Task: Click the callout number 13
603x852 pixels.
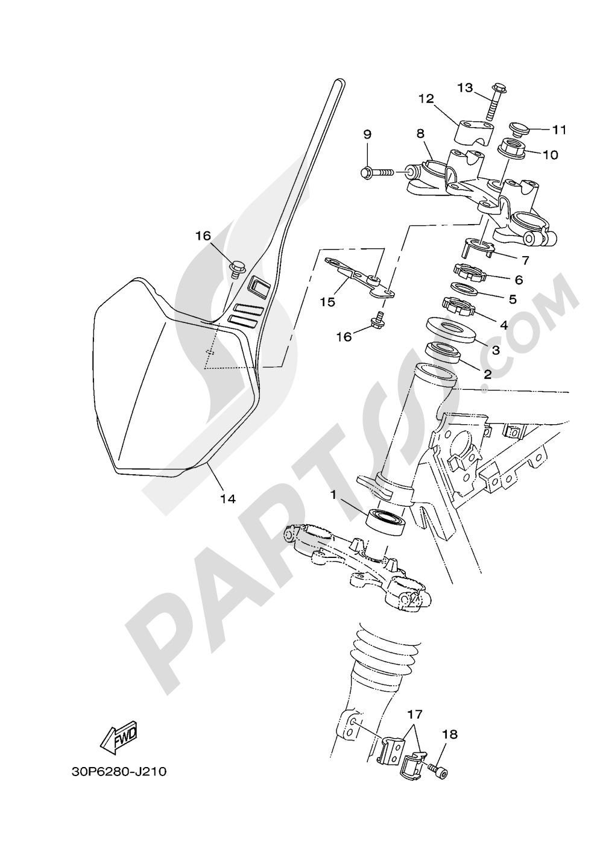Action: click(465, 89)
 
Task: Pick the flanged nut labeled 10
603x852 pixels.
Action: click(512, 146)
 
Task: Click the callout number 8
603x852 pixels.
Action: click(420, 133)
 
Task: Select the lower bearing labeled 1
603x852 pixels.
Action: click(385, 519)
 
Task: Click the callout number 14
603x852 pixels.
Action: click(228, 498)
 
